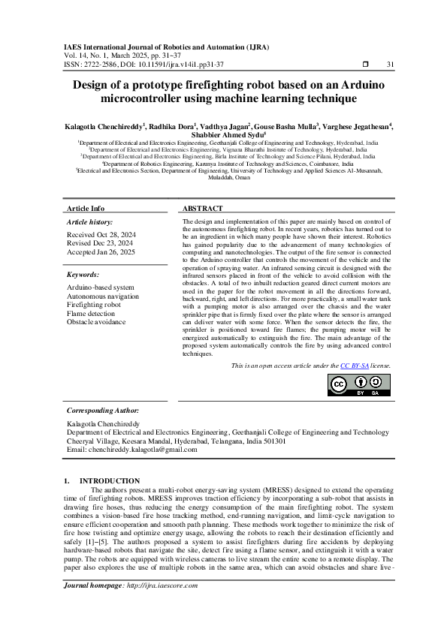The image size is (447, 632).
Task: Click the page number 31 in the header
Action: (390, 65)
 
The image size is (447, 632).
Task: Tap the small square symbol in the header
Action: (364, 65)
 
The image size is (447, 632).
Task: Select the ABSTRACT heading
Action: (203, 208)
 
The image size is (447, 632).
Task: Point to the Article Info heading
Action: (86, 208)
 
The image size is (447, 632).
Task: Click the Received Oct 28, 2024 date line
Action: (100, 234)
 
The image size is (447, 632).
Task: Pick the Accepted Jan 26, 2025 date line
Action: (100, 252)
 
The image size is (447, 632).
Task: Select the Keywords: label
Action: (83, 275)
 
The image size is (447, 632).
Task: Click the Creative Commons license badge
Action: (359, 384)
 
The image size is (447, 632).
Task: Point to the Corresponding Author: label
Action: (102, 411)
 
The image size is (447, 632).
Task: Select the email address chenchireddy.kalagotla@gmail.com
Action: (131, 449)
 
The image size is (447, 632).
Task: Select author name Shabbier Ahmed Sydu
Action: (222, 136)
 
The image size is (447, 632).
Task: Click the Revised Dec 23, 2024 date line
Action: (100, 243)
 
